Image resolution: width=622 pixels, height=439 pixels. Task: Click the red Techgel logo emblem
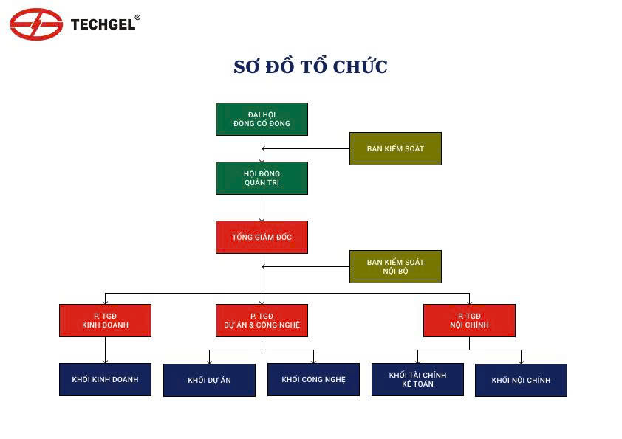pyautogui.click(x=36, y=24)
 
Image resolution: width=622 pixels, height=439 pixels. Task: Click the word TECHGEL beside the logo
pyautogui.click(x=103, y=24)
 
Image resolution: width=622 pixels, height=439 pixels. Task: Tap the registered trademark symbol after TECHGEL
pyautogui.click(x=137, y=18)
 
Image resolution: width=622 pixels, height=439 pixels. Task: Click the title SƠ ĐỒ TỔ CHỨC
pyautogui.click(x=310, y=66)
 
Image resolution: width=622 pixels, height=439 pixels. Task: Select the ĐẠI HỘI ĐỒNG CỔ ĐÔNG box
pyautogui.click(x=262, y=120)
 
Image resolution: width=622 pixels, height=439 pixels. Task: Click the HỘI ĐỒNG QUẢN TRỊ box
pyautogui.click(x=262, y=178)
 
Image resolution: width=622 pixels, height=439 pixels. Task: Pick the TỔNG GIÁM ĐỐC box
pyautogui.click(x=262, y=237)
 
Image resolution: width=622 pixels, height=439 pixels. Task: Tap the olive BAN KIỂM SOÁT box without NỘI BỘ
pyautogui.click(x=395, y=148)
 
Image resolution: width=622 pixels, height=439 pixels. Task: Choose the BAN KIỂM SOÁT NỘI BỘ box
pyautogui.click(x=395, y=266)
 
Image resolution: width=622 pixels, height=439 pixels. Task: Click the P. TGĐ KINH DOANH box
pyautogui.click(x=105, y=320)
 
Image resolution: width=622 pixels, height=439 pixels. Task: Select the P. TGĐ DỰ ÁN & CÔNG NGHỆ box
pyautogui.click(x=262, y=320)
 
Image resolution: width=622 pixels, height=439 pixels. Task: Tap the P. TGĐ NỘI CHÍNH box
pyautogui.click(x=469, y=320)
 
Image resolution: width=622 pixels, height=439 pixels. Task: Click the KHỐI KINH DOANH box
pyautogui.click(x=105, y=379)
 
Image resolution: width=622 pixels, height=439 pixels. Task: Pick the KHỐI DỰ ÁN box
pyautogui.click(x=210, y=380)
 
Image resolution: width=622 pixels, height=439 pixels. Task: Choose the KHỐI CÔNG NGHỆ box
pyautogui.click(x=313, y=379)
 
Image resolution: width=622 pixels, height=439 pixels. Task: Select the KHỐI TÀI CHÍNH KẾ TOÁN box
pyautogui.click(x=417, y=379)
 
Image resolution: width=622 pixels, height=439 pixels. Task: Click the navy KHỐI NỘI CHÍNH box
pyautogui.click(x=522, y=380)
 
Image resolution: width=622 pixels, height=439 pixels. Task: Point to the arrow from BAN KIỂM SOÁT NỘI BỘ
pyautogui.click(x=305, y=266)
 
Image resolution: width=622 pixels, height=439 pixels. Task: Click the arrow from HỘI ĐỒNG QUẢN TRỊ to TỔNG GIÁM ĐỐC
pyautogui.click(x=262, y=207)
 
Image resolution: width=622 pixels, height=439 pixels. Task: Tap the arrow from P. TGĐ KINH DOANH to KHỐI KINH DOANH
pyautogui.click(x=105, y=350)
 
